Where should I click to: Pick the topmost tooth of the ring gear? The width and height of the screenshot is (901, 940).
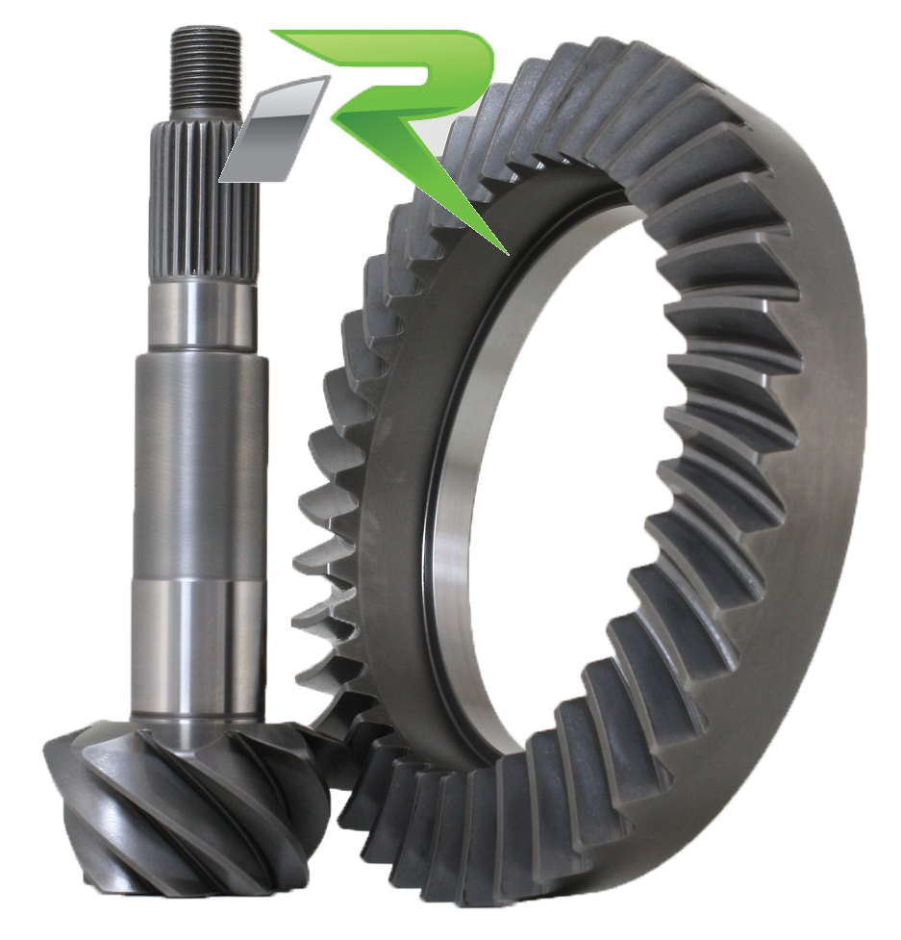pos(615,58)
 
